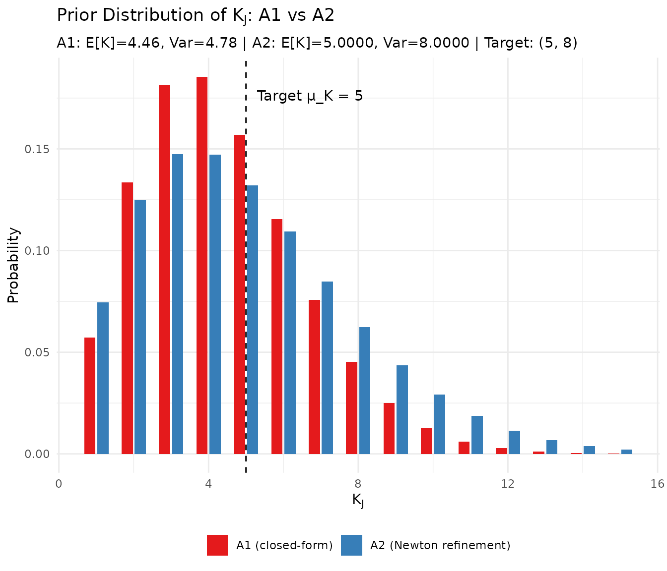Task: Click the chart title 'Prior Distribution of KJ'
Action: [196, 16]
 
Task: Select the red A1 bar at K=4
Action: [202, 265]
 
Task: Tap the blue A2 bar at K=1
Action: [103, 378]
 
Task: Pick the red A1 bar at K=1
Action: [90, 396]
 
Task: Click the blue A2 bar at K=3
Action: [178, 304]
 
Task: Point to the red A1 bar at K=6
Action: [277, 336]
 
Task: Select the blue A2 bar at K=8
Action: [365, 390]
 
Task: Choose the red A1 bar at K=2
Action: [127, 318]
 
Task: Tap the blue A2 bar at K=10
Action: [440, 424]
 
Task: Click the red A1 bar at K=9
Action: [389, 428]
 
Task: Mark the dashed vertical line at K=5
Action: [246, 297]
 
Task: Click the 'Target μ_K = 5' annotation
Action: [310, 96]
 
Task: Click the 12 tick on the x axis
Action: [507, 484]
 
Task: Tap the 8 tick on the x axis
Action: [358, 484]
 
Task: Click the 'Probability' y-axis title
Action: [13, 265]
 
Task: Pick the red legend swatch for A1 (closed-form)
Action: [217, 545]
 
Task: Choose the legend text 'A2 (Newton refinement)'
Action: [440, 545]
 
